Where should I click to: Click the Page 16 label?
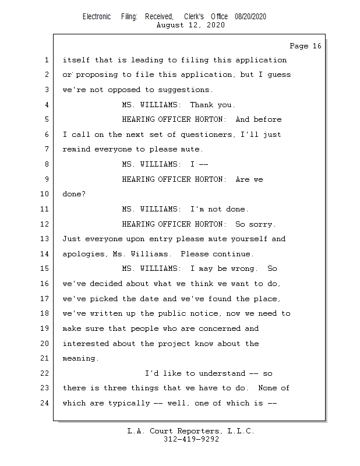(x=305, y=46)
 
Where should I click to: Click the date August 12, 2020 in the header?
(x=191, y=25)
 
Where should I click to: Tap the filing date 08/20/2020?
(x=250, y=17)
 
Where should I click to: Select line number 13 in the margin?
(x=45, y=239)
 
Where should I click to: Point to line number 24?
(x=45, y=403)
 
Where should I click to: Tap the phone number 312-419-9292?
(x=191, y=439)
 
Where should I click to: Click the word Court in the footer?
(x=166, y=431)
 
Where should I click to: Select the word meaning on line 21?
(x=80, y=358)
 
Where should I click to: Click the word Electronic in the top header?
(x=97, y=17)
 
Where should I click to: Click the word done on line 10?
(x=72, y=194)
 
